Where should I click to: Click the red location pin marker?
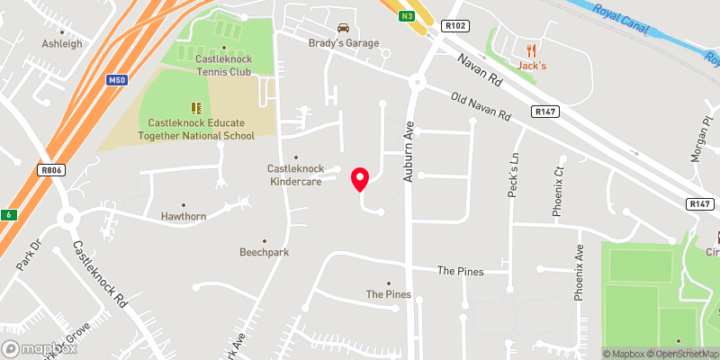[x=360, y=178]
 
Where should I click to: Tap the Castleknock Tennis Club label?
[x=225, y=65]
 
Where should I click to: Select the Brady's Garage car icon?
[x=342, y=28]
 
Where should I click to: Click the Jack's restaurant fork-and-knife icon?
[x=532, y=50]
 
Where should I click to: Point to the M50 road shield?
[x=115, y=80]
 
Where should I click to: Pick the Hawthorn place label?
[x=184, y=217]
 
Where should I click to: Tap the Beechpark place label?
[x=264, y=253]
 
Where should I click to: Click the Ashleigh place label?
[x=61, y=42]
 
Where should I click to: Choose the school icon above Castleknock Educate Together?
[x=196, y=108]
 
